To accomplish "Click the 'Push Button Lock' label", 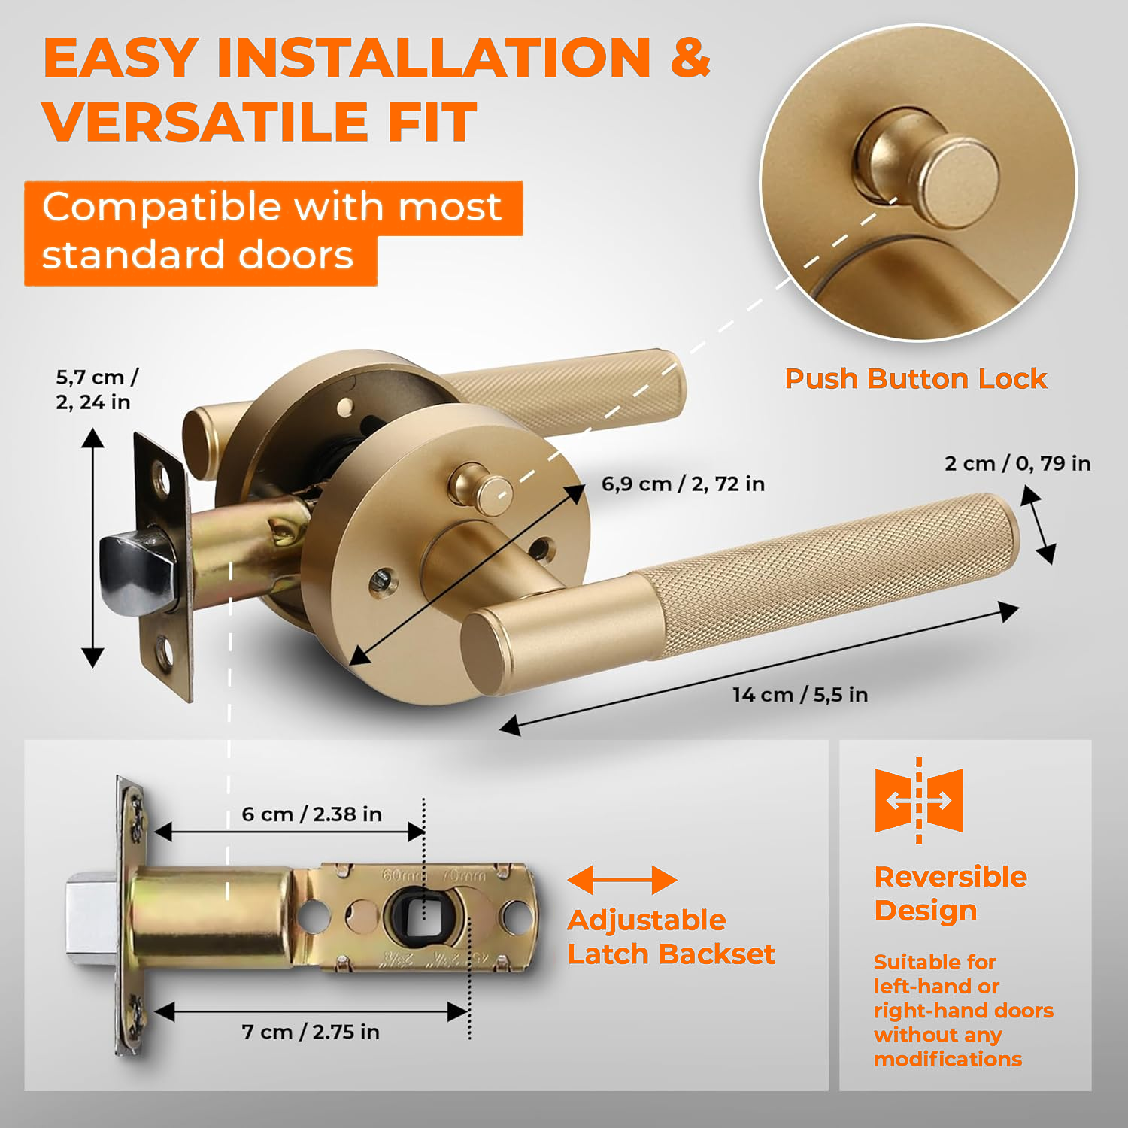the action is (915, 378).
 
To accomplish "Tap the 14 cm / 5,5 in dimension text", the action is (800, 694).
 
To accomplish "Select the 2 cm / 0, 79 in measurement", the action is (1017, 463).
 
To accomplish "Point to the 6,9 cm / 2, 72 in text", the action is (683, 484).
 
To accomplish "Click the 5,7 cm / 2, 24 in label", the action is (97, 390).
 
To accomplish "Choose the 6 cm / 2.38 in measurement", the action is (311, 814).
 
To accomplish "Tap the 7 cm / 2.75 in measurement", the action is (311, 1032).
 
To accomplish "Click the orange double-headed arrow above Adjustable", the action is (622, 880).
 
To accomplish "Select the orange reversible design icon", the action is (919, 800).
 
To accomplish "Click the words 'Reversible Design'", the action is (951, 893).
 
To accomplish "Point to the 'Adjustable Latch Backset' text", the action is (671, 937).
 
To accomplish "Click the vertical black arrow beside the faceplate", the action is (92, 547).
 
